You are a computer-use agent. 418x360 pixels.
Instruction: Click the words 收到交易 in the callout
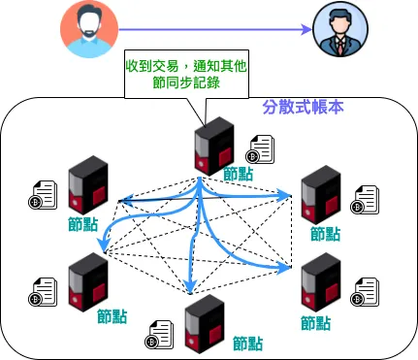point(151,66)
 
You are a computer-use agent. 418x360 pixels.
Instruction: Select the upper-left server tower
point(88,185)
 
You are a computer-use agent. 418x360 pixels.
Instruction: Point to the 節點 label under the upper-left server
point(83,224)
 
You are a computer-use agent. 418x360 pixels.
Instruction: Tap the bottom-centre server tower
point(204,321)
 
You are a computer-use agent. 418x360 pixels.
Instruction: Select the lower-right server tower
point(320,284)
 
